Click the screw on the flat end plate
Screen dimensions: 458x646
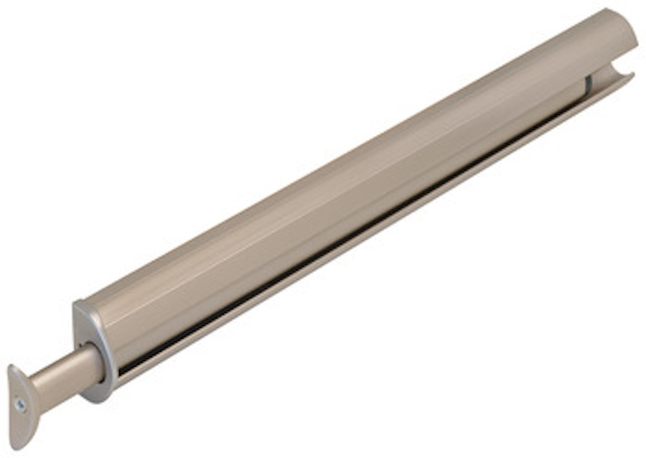(x=22, y=404)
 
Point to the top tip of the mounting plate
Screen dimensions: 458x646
(x=14, y=368)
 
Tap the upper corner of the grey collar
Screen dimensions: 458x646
(x=78, y=304)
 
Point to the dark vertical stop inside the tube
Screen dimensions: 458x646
(x=588, y=85)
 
